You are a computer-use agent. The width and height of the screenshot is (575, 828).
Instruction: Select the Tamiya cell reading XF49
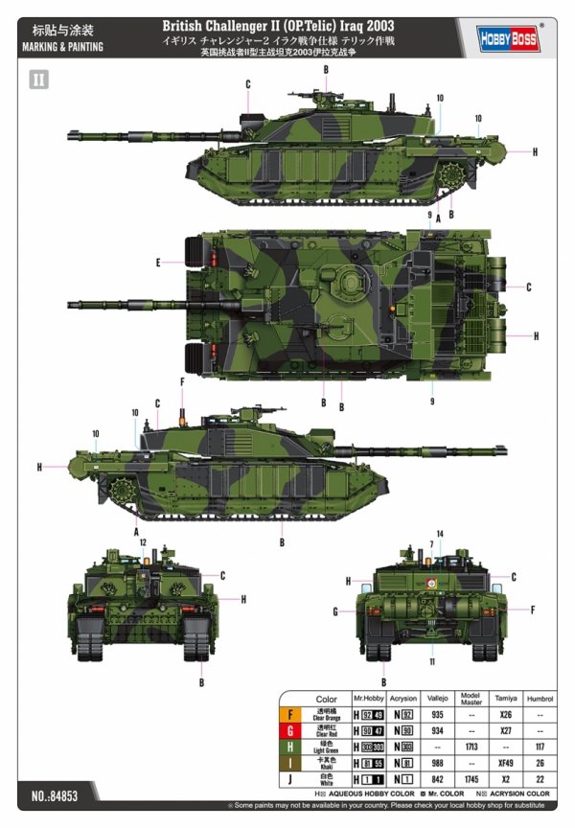[x=504, y=763]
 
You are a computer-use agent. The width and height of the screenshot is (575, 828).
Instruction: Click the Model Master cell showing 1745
[x=471, y=779]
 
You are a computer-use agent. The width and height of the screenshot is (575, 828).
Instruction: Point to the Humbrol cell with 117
[x=541, y=747]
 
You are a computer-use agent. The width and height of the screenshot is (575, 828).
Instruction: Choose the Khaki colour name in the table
[x=326, y=766]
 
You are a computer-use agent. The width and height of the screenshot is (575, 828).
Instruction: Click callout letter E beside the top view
[x=157, y=262]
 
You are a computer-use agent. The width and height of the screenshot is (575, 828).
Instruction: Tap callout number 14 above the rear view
[x=440, y=534]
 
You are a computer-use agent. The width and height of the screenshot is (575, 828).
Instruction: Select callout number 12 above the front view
[x=143, y=542]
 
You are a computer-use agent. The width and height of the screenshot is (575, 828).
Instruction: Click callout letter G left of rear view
[x=335, y=611]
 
